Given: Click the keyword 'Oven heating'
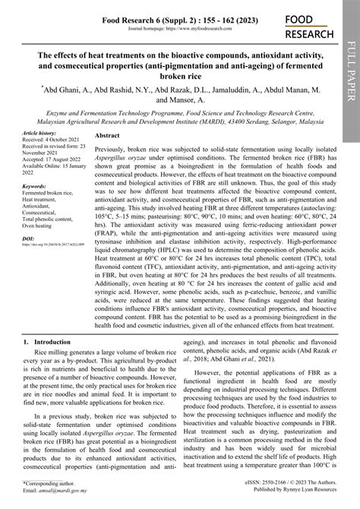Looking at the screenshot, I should (x=43, y=226).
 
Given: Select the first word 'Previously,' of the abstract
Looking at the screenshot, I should (x=112, y=134).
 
